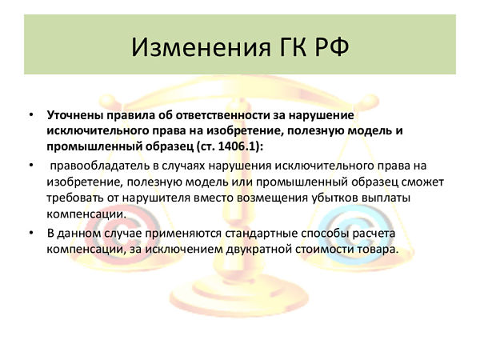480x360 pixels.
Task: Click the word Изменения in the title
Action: point(201,47)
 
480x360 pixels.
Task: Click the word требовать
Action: point(74,198)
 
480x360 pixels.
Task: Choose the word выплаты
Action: point(386,198)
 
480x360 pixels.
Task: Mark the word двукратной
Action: point(258,249)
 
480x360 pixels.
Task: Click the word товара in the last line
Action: point(378,249)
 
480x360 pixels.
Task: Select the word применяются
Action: point(183,234)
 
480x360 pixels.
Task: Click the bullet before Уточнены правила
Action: point(31,115)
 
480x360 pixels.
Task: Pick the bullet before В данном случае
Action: point(31,234)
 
